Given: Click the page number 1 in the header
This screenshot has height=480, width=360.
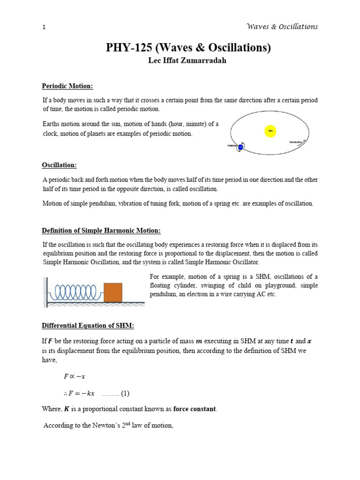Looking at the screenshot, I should coord(44,28).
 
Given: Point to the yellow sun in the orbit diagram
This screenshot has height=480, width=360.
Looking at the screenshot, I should coord(270,131).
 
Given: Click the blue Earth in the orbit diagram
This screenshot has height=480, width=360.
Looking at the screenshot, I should coord(240,147).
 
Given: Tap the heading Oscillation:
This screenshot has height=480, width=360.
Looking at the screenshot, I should coord(60,165).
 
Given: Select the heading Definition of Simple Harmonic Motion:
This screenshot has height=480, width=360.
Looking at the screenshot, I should coord(101,231).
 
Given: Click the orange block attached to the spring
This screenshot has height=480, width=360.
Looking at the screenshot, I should coord(112,292).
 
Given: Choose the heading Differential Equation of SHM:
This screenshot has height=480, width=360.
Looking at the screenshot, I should coord(88,326).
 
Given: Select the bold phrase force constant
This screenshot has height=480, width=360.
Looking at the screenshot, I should coord(195,409).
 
